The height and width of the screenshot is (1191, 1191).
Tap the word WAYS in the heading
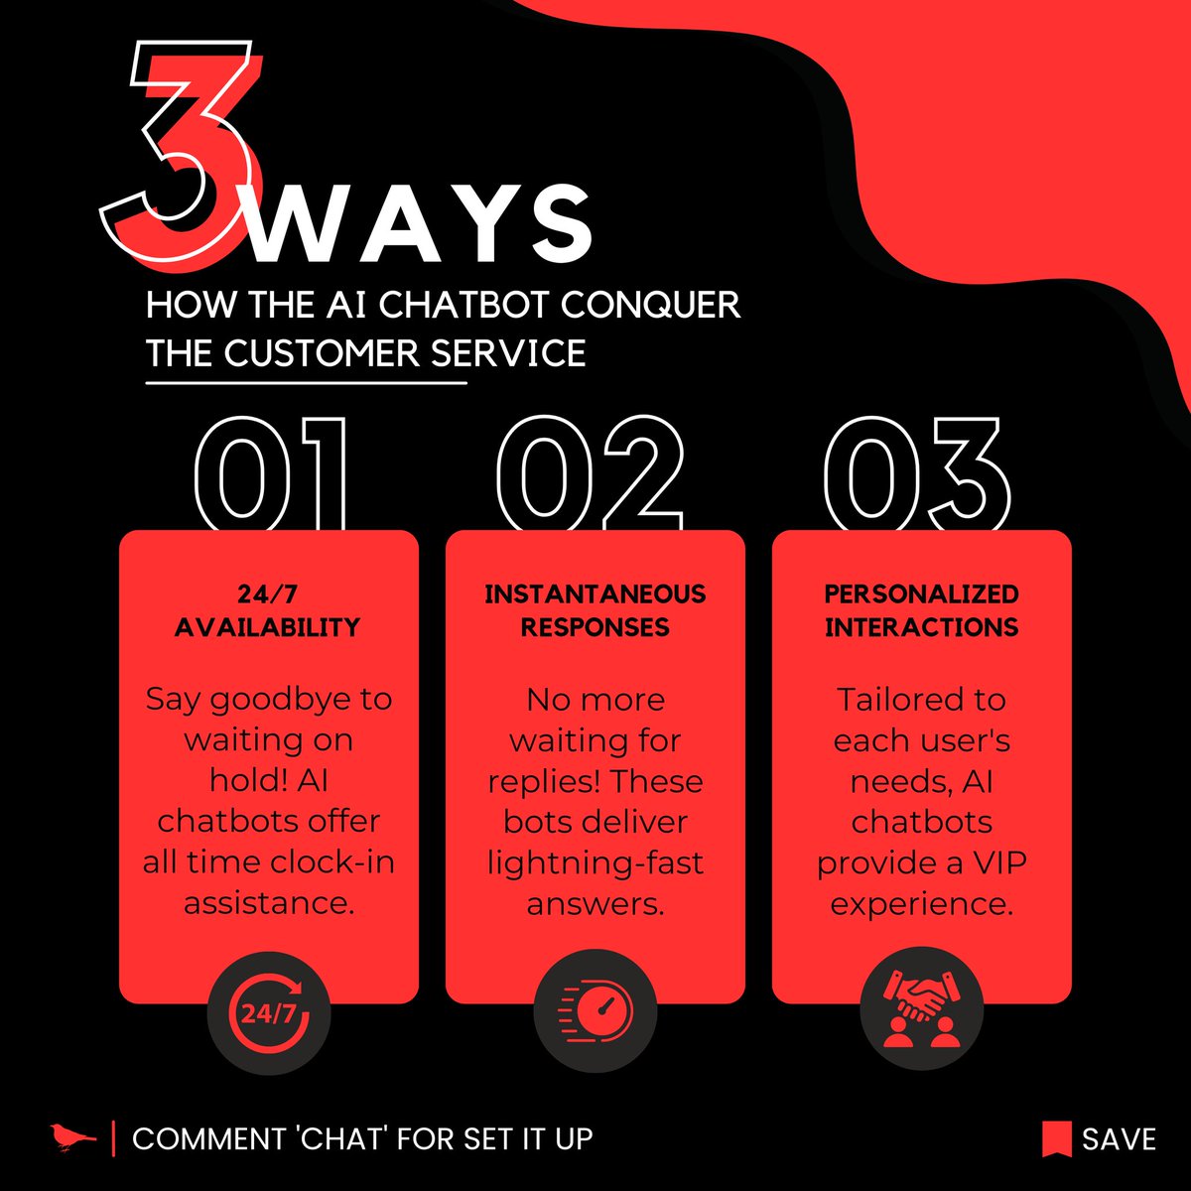click(x=419, y=223)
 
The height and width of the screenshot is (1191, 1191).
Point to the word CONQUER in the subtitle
click(x=651, y=306)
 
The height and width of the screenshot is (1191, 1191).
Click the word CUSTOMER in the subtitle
click(x=322, y=353)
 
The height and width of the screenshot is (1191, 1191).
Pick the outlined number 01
click(x=270, y=472)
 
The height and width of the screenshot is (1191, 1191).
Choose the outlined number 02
click(x=591, y=472)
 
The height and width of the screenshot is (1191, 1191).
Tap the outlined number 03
click(x=917, y=472)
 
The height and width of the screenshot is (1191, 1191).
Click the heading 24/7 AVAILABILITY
click(x=268, y=610)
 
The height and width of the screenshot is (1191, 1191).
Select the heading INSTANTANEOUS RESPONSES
click(x=595, y=610)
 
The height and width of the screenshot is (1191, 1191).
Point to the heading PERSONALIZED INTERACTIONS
click(x=921, y=610)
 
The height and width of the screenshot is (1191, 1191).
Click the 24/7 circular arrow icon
click(x=269, y=1014)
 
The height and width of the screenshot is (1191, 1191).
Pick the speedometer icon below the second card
click(x=595, y=1011)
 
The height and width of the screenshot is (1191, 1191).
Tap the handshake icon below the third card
click(x=921, y=1009)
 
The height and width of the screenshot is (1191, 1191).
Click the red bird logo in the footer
click(x=72, y=1137)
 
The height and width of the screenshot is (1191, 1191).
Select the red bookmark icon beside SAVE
click(x=1057, y=1138)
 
